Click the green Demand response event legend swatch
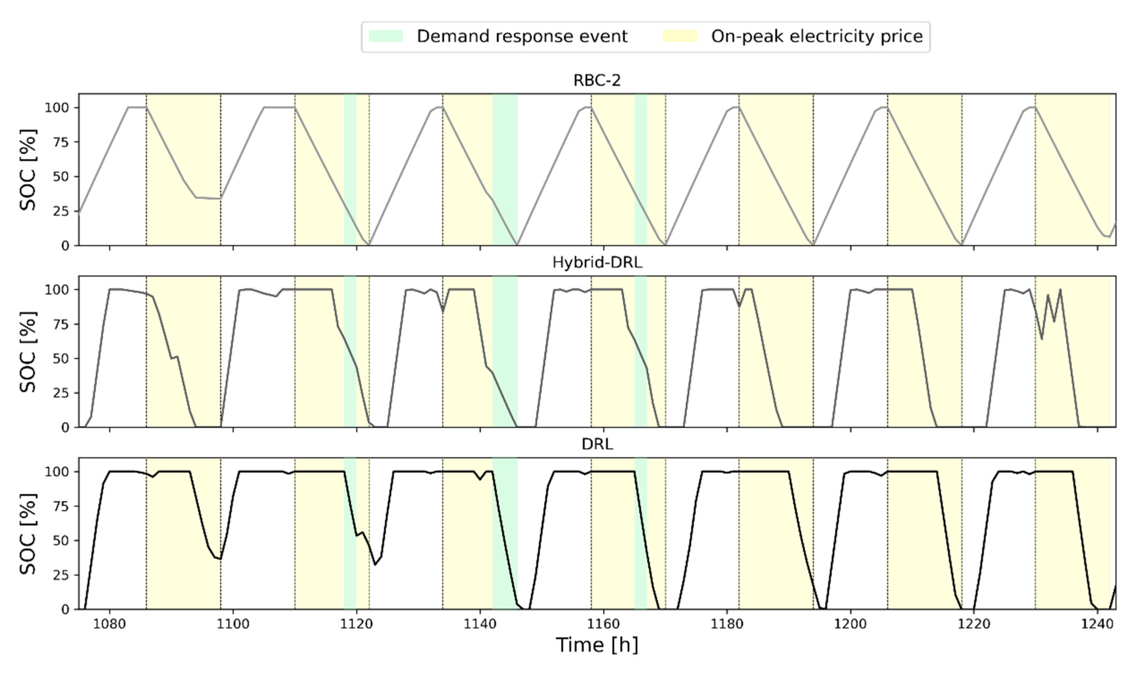pos(385,36)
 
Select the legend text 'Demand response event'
pos(522,36)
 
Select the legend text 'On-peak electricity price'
pos(817,36)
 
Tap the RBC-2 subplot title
pos(597,80)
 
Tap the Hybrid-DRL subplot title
pos(597,262)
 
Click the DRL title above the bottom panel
pos(597,444)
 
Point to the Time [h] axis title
pos(597,645)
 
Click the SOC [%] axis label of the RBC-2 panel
pos(28,170)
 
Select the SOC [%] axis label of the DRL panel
pos(28,534)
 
